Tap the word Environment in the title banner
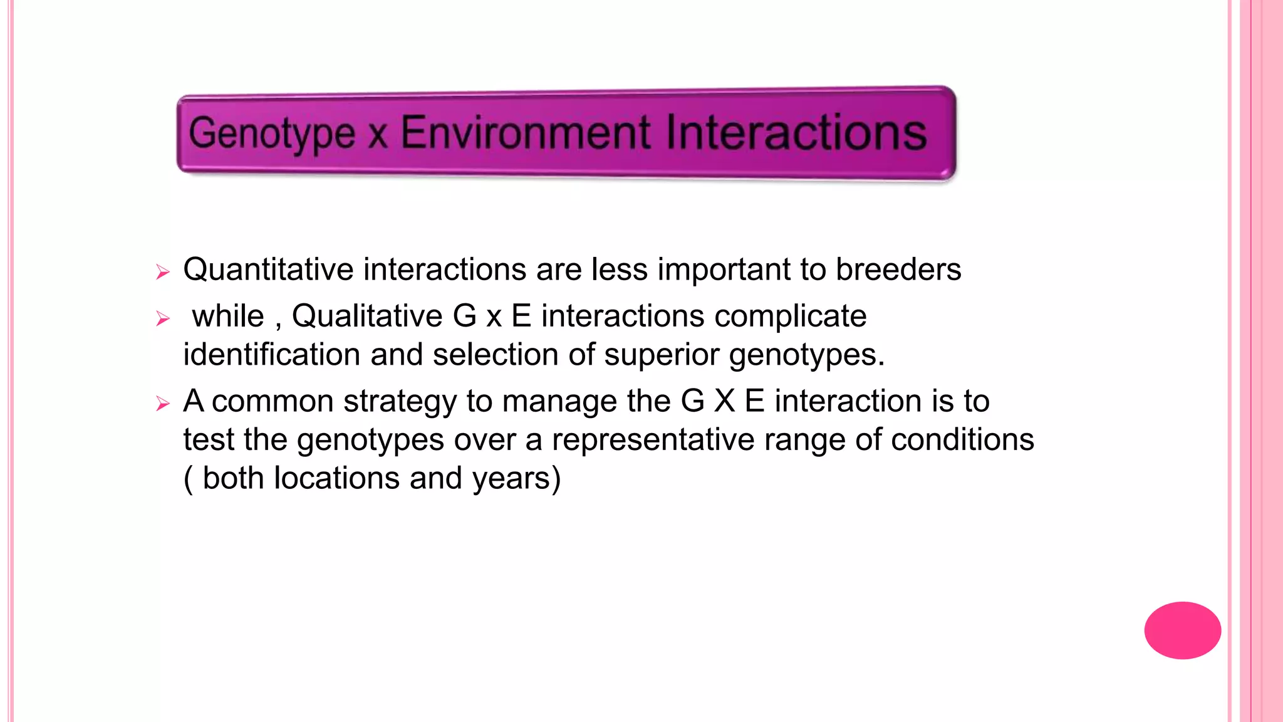click(525, 133)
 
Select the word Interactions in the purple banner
click(796, 133)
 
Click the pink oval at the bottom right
click(1182, 630)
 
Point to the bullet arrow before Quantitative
click(163, 272)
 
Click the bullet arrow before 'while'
click(163, 319)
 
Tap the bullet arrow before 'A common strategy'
click(163, 404)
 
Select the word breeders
click(898, 269)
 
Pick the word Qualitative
click(366, 316)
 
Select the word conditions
click(962, 439)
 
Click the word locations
click(337, 478)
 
